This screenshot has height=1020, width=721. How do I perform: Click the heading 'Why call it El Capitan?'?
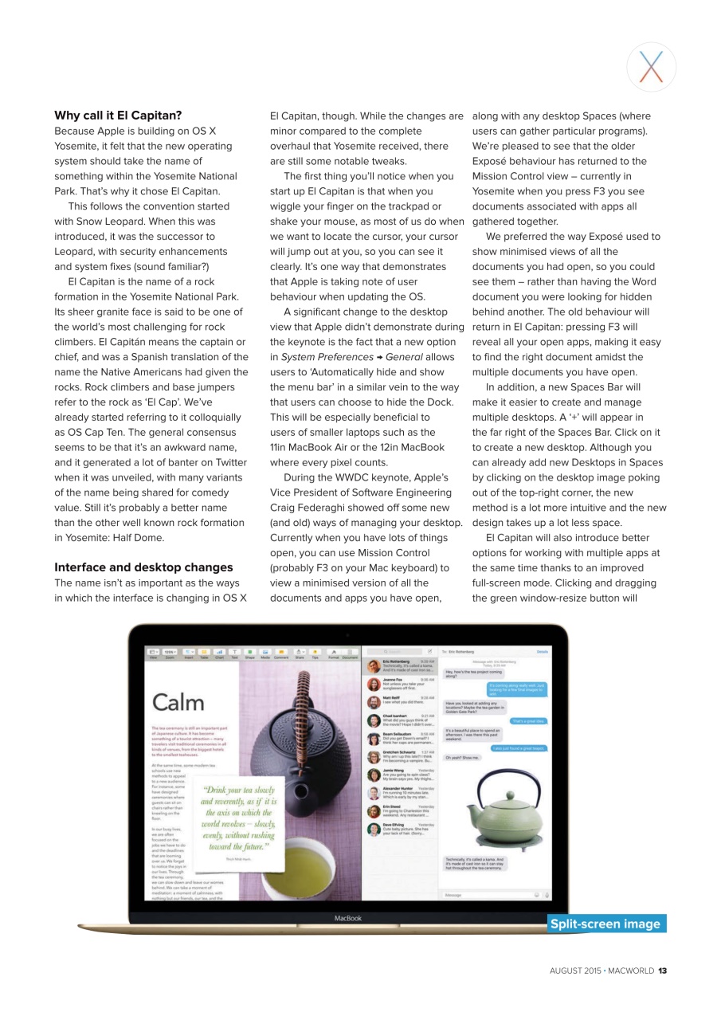click(118, 115)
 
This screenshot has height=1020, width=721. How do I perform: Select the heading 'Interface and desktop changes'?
click(143, 567)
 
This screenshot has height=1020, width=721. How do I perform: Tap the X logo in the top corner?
click(651, 67)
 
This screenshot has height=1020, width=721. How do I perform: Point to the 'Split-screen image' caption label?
click(605, 924)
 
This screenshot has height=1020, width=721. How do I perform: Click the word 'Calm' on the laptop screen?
click(178, 702)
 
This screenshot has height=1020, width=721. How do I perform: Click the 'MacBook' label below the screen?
click(347, 918)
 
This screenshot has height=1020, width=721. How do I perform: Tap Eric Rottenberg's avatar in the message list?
click(373, 666)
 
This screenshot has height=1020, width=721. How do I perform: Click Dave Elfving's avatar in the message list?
click(373, 829)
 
